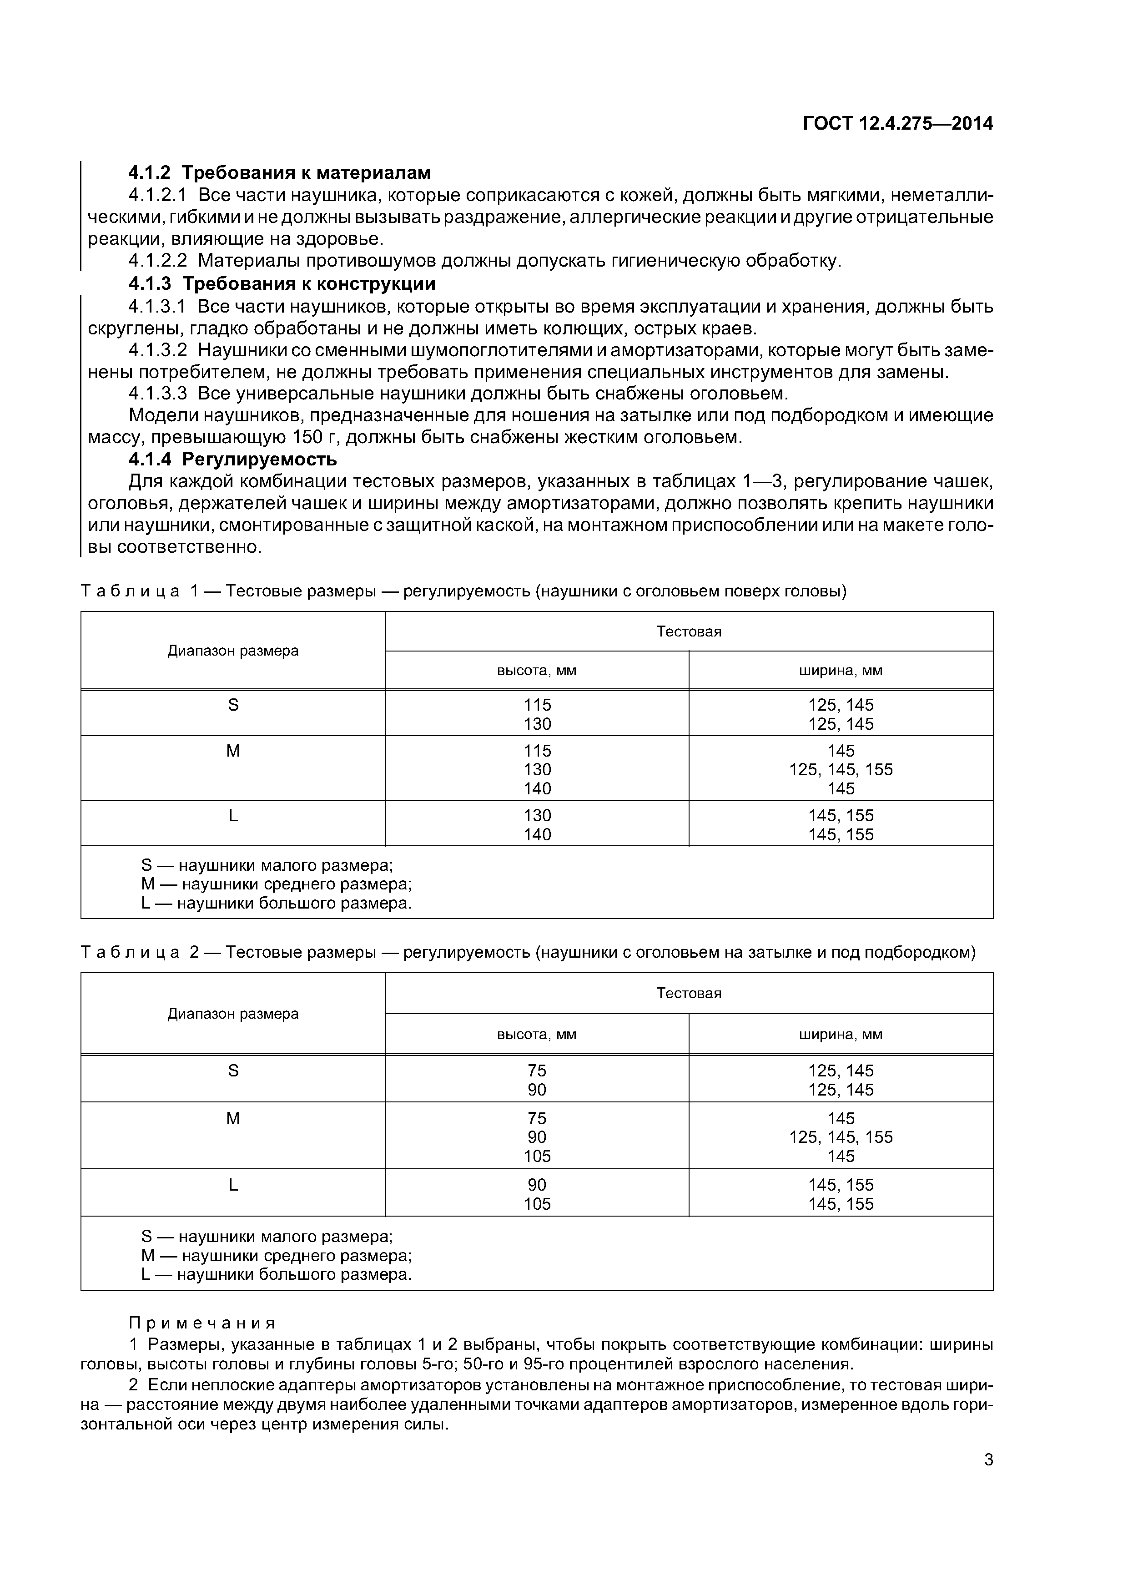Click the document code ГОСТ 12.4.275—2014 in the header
pos(897,124)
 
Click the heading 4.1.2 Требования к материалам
pos(279,172)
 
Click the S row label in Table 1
pos(233,705)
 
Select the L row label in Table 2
pos(233,1185)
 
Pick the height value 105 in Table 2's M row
pos(537,1156)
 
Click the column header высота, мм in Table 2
pos(537,1034)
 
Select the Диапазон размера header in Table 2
pos(233,1014)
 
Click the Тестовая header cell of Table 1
pos(688,631)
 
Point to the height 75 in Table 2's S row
pos(537,1071)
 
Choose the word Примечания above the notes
pos(202,1322)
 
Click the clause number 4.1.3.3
pos(158,394)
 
